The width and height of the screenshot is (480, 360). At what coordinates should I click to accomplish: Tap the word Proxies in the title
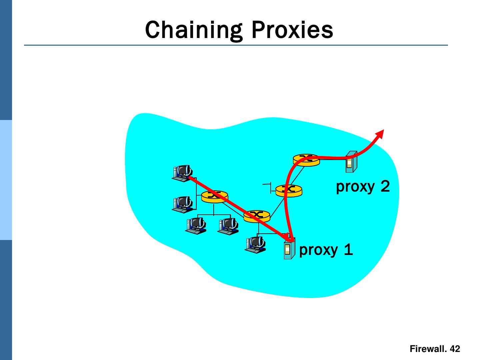pos(292,30)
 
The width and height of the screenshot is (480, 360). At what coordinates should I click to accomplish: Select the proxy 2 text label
pos(363,186)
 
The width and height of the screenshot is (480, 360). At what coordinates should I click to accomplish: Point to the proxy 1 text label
pos(326,250)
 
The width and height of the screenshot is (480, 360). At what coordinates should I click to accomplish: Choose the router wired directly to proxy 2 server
pos(306,159)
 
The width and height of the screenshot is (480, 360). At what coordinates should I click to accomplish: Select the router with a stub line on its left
pos(289,190)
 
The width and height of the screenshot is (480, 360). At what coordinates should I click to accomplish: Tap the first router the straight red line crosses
pos(215,196)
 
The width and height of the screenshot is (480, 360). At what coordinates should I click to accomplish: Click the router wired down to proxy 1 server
pos(257,216)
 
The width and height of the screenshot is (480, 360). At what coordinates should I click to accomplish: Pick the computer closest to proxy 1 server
pos(256,244)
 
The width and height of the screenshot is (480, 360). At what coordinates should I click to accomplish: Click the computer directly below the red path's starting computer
pos(182,204)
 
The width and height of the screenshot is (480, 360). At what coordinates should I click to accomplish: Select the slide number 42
pos(455,349)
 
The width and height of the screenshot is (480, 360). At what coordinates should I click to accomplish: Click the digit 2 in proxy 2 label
pos(385,186)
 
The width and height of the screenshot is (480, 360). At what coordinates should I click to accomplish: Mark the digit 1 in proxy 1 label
pos(348,250)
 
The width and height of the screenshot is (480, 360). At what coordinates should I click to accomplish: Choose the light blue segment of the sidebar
pos(6,180)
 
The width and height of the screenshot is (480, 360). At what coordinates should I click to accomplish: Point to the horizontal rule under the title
pos(236,45)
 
